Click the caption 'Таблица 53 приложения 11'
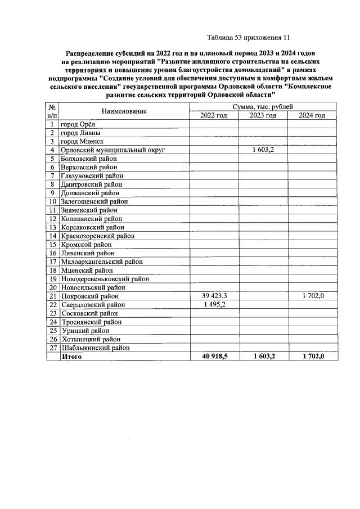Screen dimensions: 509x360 [x=248, y=38]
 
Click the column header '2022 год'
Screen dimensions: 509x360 [x=213, y=115]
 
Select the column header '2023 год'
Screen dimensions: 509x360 [x=263, y=115]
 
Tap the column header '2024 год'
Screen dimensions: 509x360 [x=312, y=115]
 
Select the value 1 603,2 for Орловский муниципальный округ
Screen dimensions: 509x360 [x=263, y=150]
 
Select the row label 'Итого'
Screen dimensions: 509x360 [x=71, y=357]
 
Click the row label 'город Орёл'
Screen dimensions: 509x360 [x=79, y=124]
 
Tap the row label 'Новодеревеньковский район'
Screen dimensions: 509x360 [x=105, y=278]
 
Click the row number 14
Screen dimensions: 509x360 [x=52, y=236]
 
